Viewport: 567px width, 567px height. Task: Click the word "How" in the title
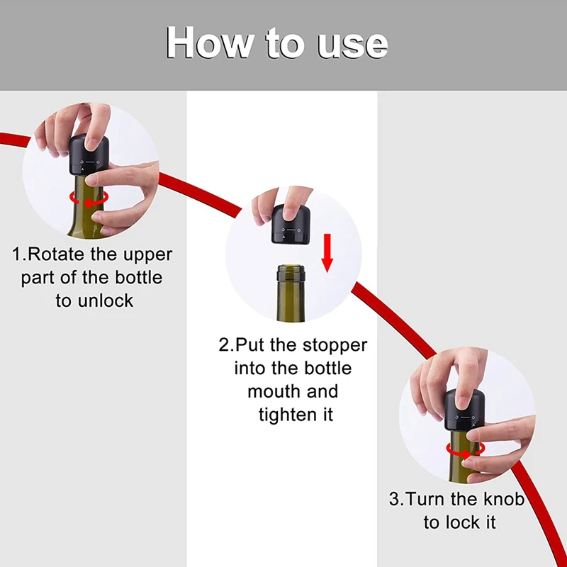tap(208, 42)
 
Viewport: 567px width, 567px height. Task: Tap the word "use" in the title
tap(352, 45)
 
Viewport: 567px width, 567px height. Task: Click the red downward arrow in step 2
tap(327, 253)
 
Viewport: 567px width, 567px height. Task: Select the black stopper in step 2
tap(291, 224)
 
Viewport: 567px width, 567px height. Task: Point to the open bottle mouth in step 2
tap(291, 269)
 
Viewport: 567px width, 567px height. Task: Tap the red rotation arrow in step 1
tap(89, 199)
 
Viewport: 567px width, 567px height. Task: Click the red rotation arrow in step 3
tap(465, 450)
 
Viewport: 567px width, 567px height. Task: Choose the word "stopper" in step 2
tap(335, 346)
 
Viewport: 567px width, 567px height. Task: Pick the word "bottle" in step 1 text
tap(139, 277)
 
